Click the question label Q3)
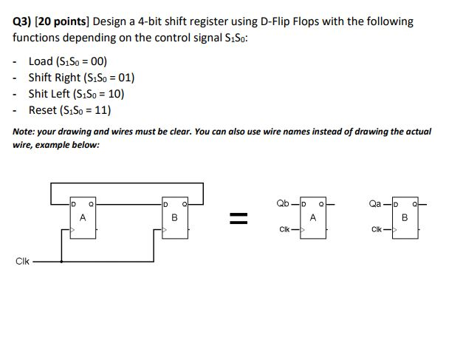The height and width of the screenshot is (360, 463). [x=23, y=21]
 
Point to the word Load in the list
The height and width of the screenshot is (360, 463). [x=41, y=61]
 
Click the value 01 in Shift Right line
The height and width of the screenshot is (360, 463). [x=122, y=78]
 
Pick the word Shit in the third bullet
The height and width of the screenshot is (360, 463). [x=38, y=94]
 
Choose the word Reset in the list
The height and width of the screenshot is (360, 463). [x=43, y=110]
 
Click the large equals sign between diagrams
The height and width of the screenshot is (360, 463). [x=235, y=217]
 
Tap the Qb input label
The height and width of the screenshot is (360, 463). [x=282, y=203]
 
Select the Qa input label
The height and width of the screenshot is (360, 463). [x=374, y=203]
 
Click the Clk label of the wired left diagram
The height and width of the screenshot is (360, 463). [x=22, y=262]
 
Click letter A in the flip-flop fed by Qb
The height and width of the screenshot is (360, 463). [x=312, y=217]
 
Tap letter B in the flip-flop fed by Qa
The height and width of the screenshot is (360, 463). [x=405, y=217]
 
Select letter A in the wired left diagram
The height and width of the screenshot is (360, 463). [x=83, y=217]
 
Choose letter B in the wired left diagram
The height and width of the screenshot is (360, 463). [x=174, y=217]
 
